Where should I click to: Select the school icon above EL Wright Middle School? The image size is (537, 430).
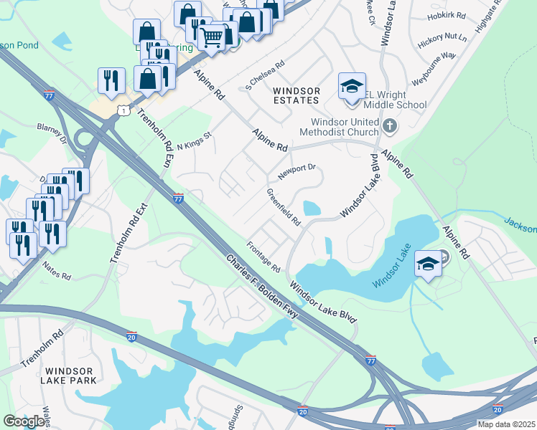tap(352, 86)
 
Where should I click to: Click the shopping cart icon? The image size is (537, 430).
tap(212, 36)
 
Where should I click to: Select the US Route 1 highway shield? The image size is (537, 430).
tap(126, 110)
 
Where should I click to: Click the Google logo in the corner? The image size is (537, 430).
tap(24, 421)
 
